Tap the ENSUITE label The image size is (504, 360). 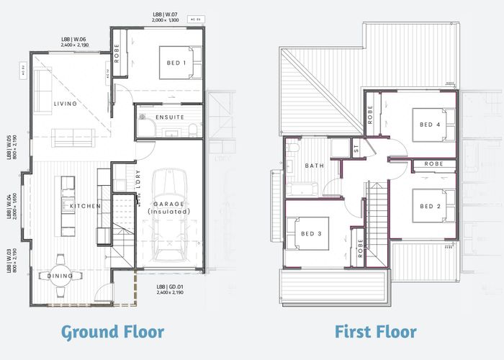coord(170,117)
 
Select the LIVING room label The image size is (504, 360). coord(65,104)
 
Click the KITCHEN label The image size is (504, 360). coord(85,206)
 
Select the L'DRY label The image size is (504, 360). coord(137,179)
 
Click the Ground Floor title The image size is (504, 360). coord(112,332)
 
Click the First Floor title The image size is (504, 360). coord(375,332)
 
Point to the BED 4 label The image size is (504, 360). coord(430,124)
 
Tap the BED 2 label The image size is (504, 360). coord(430,206)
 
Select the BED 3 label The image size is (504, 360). coord(311,234)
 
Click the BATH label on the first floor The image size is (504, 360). coord(315,166)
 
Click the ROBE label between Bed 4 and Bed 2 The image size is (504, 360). coord(433,164)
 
